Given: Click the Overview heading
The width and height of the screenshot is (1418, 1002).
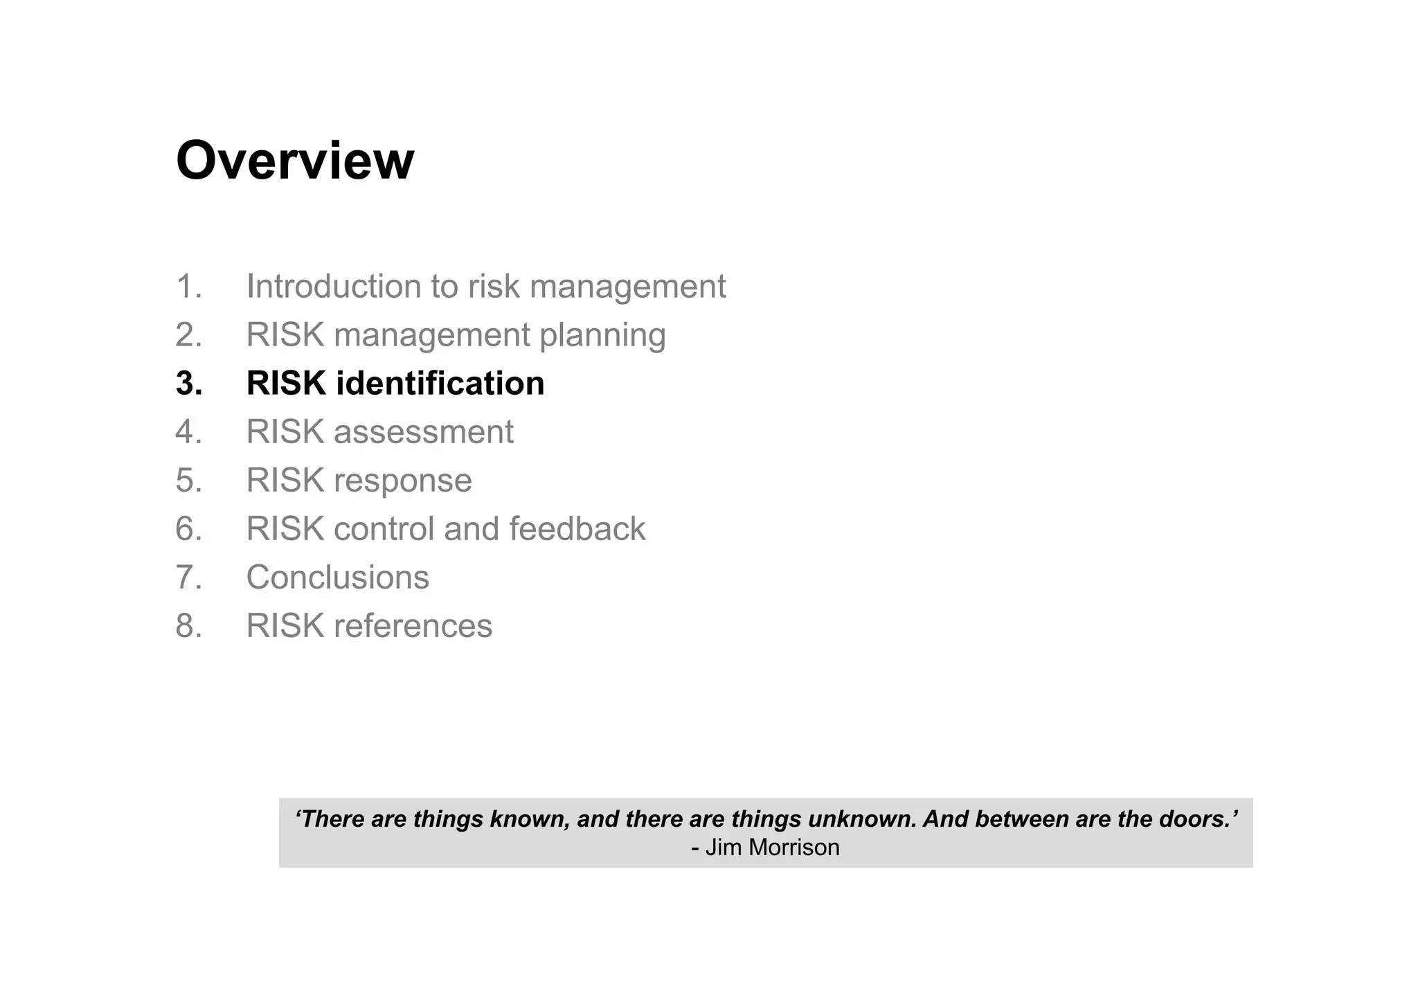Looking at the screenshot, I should click(295, 161).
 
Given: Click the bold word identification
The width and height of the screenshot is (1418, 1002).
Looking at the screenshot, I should click(440, 384).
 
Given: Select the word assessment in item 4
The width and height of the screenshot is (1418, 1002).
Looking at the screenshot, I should click(423, 433).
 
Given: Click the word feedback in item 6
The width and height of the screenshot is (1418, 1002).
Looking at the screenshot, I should click(577, 529).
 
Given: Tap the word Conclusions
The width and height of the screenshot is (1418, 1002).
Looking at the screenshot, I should click(337, 578).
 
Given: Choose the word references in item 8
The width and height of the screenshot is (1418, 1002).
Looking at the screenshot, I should click(413, 626).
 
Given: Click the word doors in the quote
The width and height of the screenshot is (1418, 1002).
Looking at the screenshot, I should click(1196, 819).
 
